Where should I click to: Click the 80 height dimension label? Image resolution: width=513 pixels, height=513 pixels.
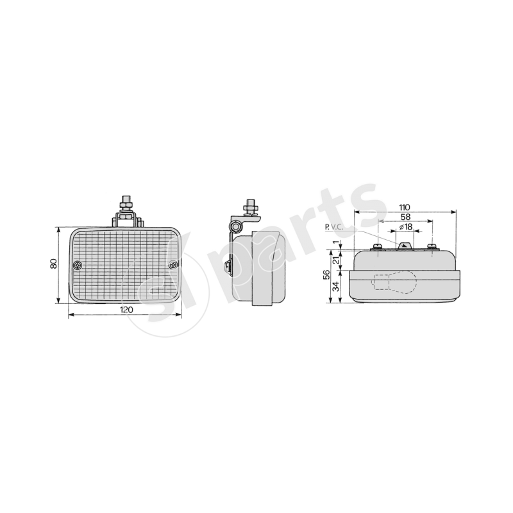point(54,264)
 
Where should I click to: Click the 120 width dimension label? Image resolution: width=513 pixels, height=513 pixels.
point(126,310)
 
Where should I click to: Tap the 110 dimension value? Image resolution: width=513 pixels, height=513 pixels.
point(405,207)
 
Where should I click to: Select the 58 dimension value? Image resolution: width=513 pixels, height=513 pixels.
point(405,217)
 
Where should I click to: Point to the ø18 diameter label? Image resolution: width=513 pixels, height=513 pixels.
point(406,227)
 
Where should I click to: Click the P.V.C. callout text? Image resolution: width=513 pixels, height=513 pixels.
point(334,228)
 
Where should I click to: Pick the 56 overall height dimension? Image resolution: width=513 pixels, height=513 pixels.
point(326,275)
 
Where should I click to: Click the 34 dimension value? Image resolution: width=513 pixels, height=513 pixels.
point(336,286)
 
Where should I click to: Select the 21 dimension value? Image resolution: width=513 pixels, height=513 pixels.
point(336,260)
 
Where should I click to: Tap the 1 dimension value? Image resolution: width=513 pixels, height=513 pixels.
point(336,242)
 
